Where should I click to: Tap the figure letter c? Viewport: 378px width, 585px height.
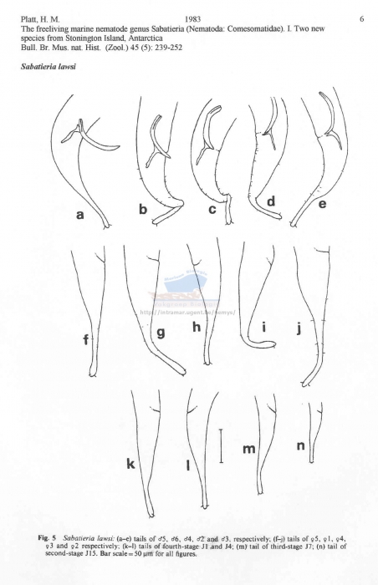tap(212, 210)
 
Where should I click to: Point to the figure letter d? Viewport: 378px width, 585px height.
tap(270, 203)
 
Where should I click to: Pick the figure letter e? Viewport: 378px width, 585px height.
tap(322, 202)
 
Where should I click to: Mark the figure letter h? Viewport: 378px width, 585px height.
tap(197, 328)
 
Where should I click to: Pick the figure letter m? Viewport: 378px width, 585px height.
tap(248, 450)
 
